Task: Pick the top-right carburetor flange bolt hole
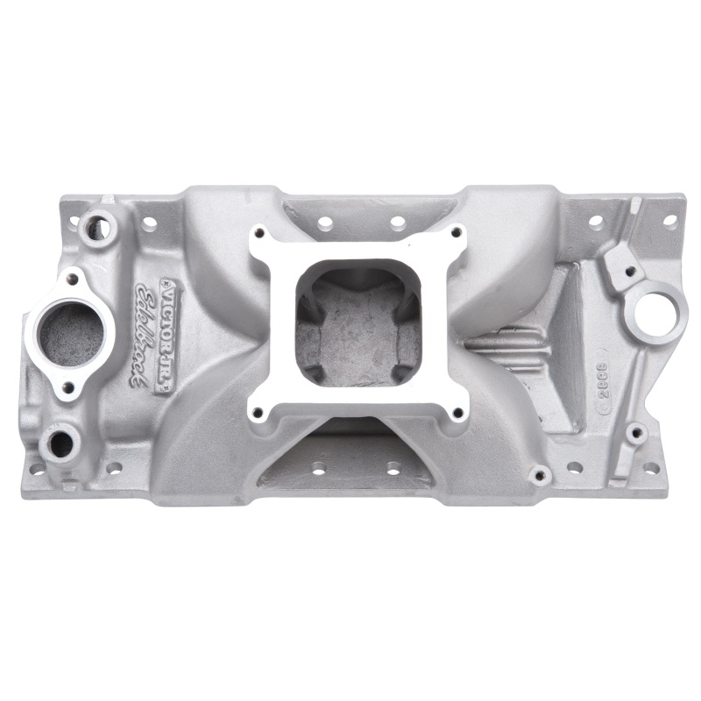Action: [x=456, y=233]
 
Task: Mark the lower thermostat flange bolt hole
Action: [x=67, y=386]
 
